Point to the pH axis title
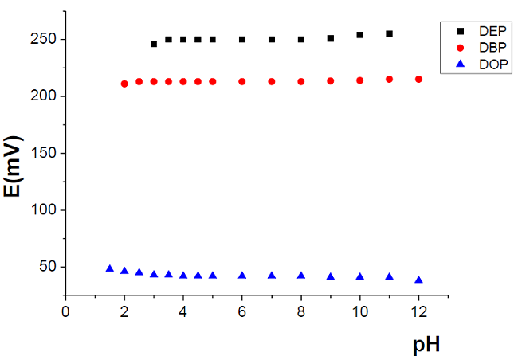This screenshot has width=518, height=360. [426, 346]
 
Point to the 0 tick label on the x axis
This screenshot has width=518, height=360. [65, 311]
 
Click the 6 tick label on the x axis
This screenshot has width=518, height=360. [242, 311]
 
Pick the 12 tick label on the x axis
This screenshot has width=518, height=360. [418, 311]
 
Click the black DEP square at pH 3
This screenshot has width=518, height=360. [154, 44]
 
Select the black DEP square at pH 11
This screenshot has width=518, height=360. [389, 34]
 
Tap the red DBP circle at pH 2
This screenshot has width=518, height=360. [124, 84]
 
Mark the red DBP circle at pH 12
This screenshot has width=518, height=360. [418, 79]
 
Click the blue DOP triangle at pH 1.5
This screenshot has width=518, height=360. [109, 269]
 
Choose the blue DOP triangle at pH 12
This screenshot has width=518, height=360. [418, 280]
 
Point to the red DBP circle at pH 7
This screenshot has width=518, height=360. [272, 81]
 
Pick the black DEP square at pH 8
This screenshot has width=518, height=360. [301, 39]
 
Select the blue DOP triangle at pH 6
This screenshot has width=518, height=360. [242, 276]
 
